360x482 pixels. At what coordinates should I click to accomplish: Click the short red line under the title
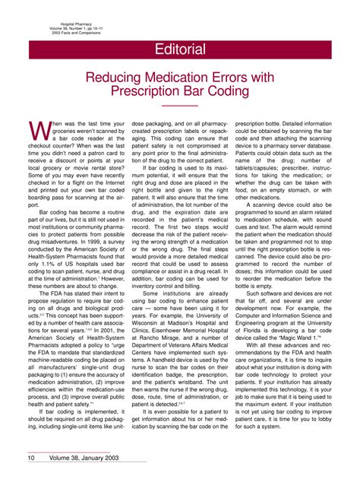(179, 106)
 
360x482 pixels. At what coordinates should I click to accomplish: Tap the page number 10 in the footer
(33, 458)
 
